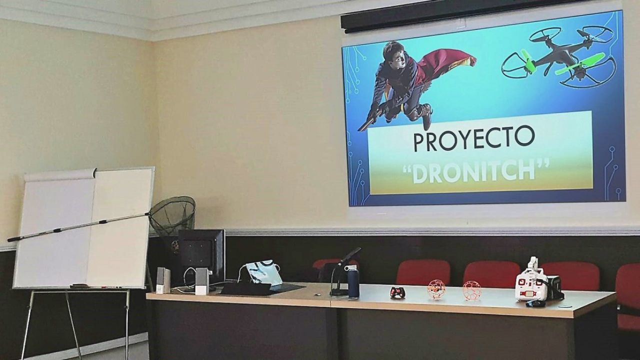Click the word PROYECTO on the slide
(474, 138)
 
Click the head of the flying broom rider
(394, 54)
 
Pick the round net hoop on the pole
(172, 215)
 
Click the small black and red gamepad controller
(397, 292)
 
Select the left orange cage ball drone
(436, 289)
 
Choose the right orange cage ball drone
(471, 290)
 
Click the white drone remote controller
(531, 282)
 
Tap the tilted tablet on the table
(263, 272)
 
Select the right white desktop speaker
(202, 281)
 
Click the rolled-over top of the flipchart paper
(60, 175)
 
